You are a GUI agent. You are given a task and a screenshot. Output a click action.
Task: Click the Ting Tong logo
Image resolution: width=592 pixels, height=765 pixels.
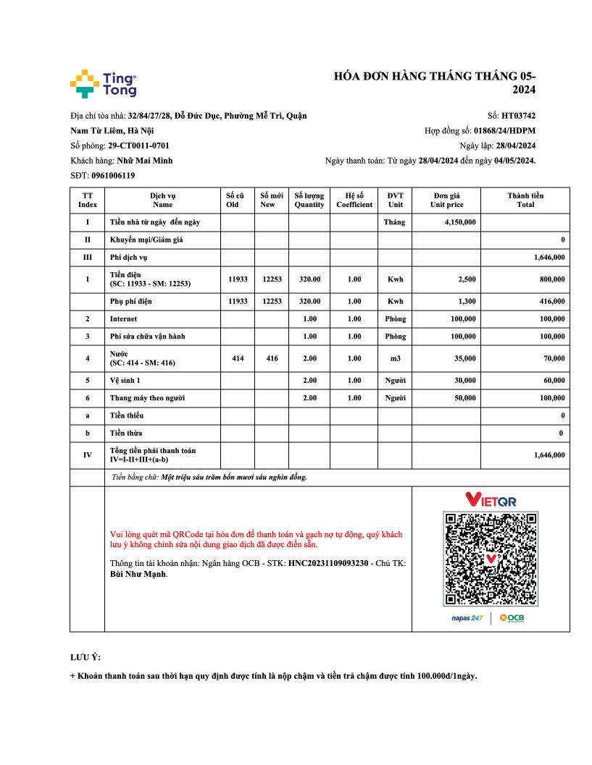103,84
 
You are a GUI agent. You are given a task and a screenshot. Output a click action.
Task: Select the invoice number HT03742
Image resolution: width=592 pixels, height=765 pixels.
519,115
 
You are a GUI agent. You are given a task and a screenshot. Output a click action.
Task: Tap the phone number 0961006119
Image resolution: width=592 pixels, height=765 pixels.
113,175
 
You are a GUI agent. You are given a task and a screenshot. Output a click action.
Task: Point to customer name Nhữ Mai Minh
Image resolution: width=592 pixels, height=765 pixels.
145,160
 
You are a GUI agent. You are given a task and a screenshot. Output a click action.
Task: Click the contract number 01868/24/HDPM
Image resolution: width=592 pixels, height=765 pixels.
504,130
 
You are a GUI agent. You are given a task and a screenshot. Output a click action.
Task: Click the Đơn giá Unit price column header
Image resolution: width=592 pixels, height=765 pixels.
446,200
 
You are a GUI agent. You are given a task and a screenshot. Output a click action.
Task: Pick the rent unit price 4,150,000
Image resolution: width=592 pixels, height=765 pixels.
460,222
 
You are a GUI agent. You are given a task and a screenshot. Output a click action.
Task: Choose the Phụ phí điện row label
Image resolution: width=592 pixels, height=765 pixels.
131,301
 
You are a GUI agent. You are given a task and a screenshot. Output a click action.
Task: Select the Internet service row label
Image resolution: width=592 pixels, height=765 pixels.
123,318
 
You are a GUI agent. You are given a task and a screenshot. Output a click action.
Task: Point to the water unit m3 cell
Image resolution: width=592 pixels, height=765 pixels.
395,358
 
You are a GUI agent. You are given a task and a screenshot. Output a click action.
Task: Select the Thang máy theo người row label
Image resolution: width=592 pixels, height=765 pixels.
145,398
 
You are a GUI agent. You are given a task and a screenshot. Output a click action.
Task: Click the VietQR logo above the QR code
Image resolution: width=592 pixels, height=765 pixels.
491,499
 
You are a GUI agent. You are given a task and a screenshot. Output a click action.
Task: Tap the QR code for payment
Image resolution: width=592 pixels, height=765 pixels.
491,559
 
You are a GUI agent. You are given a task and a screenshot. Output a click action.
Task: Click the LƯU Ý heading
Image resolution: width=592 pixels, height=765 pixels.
86,657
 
